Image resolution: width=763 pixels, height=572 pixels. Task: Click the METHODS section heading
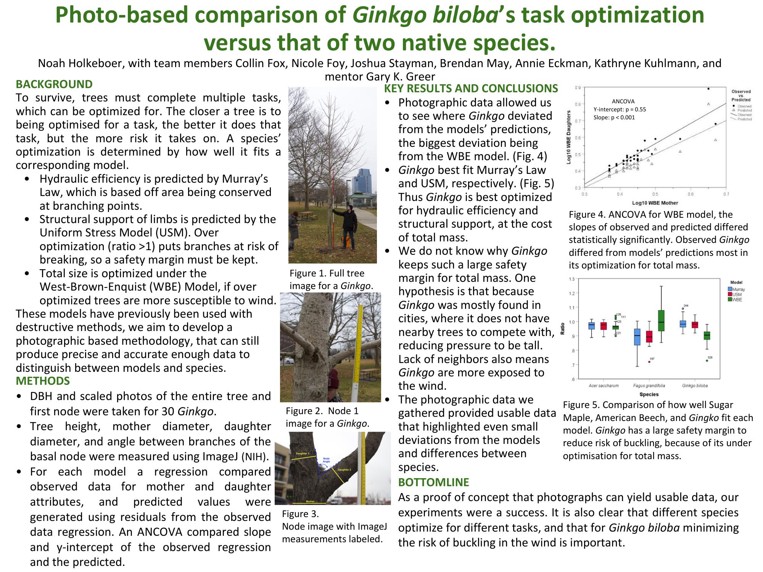43,381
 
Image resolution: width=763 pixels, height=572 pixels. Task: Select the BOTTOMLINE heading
433,482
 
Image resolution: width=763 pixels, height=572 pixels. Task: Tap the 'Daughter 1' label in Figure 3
303,453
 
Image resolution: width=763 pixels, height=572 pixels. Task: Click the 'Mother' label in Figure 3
310,501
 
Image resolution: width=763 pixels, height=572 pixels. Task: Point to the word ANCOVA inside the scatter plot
623,101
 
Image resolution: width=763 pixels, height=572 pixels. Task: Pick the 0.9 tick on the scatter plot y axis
578,88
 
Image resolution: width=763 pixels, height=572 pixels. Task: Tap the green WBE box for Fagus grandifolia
661,321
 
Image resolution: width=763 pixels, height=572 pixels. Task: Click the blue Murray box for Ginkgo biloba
683,324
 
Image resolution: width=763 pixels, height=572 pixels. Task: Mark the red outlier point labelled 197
649,362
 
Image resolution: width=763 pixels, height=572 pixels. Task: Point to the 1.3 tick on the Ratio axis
571,279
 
